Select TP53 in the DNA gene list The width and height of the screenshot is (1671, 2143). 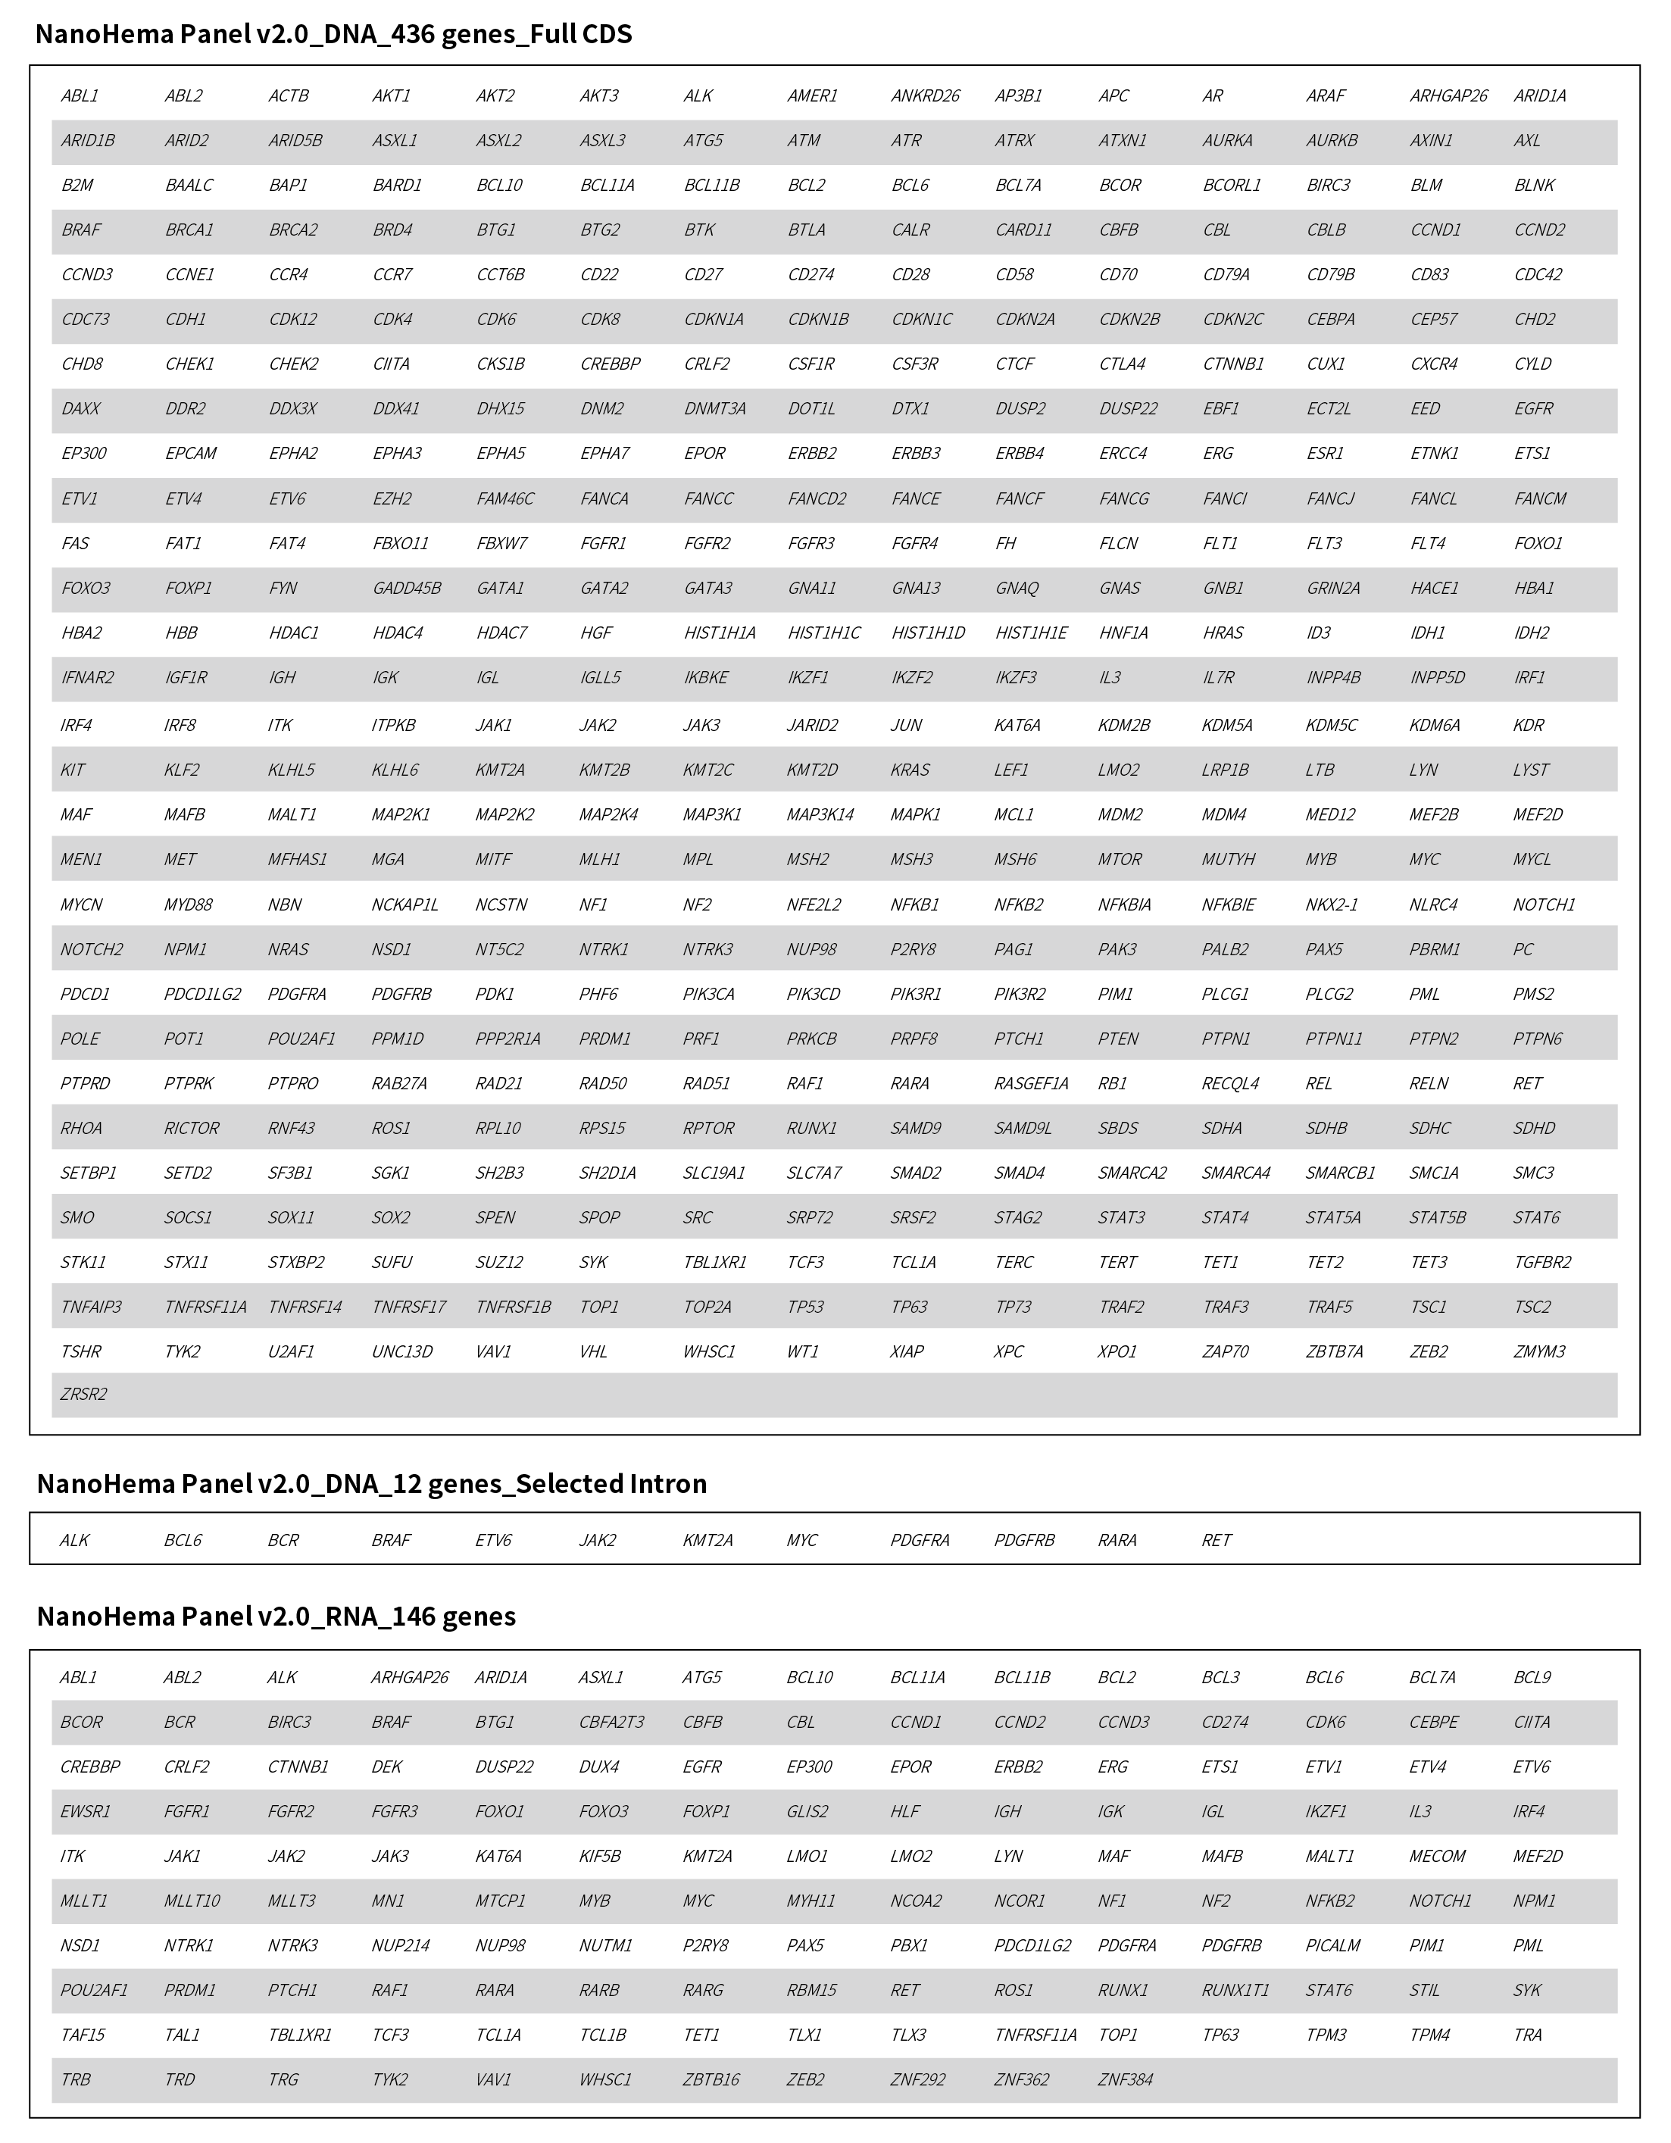point(804,1307)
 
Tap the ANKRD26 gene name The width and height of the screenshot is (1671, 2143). point(924,96)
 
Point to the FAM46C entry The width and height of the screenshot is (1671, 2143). point(504,498)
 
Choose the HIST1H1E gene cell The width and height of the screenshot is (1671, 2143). point(1030,633)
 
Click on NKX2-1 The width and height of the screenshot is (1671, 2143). point(1331,904)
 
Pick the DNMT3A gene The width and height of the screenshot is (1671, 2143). point(714,409)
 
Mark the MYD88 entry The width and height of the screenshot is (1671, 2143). point(187,904)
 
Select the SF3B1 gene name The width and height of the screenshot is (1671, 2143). point(290,1173)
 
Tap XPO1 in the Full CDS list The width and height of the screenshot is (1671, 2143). point(1117,1351)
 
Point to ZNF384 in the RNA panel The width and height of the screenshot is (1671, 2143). point(1124,2079)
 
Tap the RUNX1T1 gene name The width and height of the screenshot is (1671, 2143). point(1235,1990)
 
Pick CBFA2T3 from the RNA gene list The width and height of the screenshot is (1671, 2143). point(611,1722)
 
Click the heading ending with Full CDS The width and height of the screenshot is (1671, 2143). point(333,34)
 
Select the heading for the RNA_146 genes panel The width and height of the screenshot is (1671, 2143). point(276,1616)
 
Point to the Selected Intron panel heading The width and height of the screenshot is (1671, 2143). point(371,1484)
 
